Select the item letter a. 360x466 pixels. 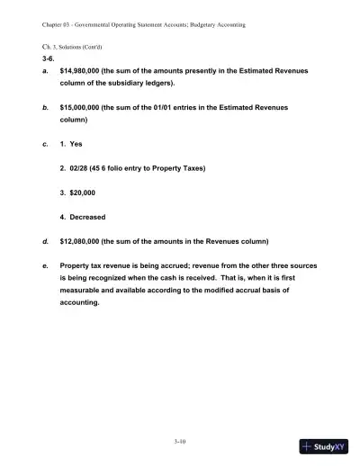click(44, 67)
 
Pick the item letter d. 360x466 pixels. click(44, 240)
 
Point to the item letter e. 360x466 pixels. click(44, 266)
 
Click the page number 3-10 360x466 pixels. click(179, 441)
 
